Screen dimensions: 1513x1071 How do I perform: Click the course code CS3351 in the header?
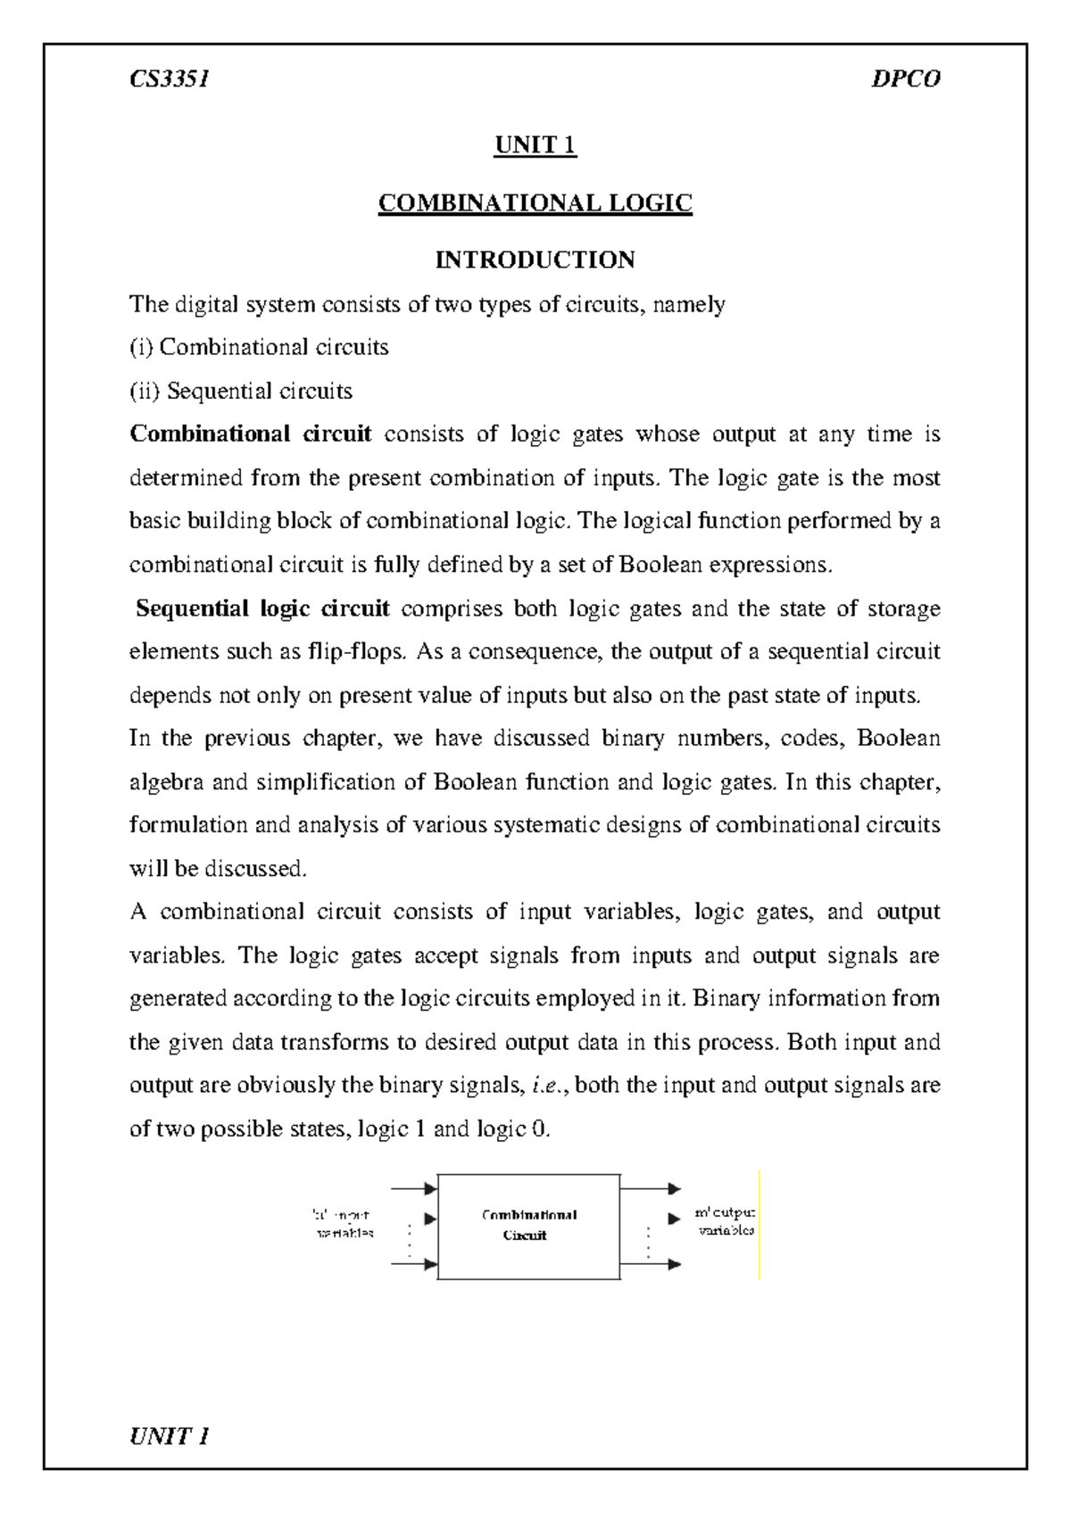pyautogui.click(x=169, y=80)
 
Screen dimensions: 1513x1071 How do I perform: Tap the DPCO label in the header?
pyautogui.click(x=906, y=80)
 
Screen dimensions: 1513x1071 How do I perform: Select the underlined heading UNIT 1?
pyautogui.click(x=535, y=145)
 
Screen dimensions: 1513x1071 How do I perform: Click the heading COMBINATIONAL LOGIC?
pyautogui.click(x=535, y=203)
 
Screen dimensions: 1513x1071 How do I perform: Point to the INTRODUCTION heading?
pyautogui.click(x=535, y=260)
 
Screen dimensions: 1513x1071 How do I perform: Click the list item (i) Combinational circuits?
pyautogui.click(x=259, y=347)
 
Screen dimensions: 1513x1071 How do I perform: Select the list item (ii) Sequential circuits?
pyautogui.click(x=241, y=391)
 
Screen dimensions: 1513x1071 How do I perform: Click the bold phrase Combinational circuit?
pyautogui.click(x=251, y=434)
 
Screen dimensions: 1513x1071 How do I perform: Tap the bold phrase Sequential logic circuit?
pyautogui.click(x=262, y=608)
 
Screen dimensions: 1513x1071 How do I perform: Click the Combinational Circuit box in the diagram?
pyautogui.click(x=528, y=1226)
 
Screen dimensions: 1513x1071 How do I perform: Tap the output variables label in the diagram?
pyautogui.click(x=725, y=1221)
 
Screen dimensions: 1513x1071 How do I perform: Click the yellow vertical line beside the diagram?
pyautogui.click(x=759, y=1226)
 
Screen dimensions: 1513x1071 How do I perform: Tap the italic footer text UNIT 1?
pyautogui.click(x=169, y=1435)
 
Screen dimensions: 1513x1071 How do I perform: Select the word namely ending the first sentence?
pyautogui.click(x=689, y=304)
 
